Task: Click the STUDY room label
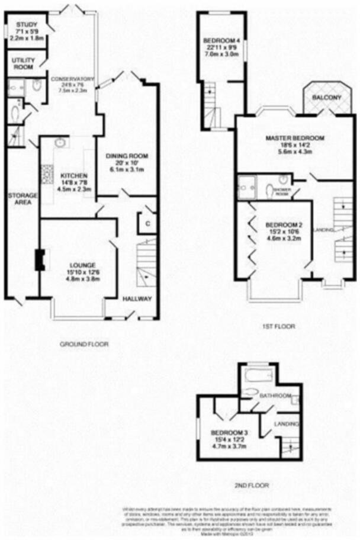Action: click(x=23, y=24)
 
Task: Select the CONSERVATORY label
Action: click(x=72, y=79)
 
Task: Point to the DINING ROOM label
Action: click(x=126, y=156)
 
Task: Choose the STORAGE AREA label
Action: click(x=22, y=198)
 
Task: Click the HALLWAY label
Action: click(x=137, y=298)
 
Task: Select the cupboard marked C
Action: click(x=146, y=224)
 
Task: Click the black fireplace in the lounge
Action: click(x=39, y=260)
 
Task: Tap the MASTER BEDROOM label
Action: click(x=294, y=138)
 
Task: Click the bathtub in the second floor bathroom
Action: click(x=258, y=376)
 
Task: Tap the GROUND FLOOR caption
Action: click(x=84, y=343)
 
